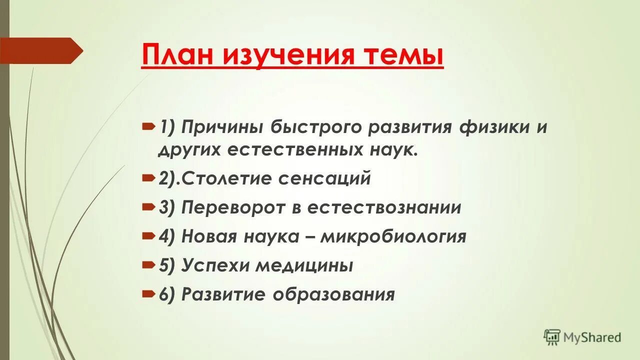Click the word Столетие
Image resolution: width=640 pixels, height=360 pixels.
225,178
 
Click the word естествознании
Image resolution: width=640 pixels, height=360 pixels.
384,207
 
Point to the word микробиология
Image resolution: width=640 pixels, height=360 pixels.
393,236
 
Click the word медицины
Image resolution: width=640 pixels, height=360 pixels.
304,265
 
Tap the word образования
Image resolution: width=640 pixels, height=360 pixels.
333,294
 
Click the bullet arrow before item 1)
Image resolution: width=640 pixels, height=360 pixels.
148,127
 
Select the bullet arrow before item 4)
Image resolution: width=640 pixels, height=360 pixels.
148,236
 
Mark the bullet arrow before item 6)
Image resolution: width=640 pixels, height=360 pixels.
148,294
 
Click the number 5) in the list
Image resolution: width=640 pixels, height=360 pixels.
167,265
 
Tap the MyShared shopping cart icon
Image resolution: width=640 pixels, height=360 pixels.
552,337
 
